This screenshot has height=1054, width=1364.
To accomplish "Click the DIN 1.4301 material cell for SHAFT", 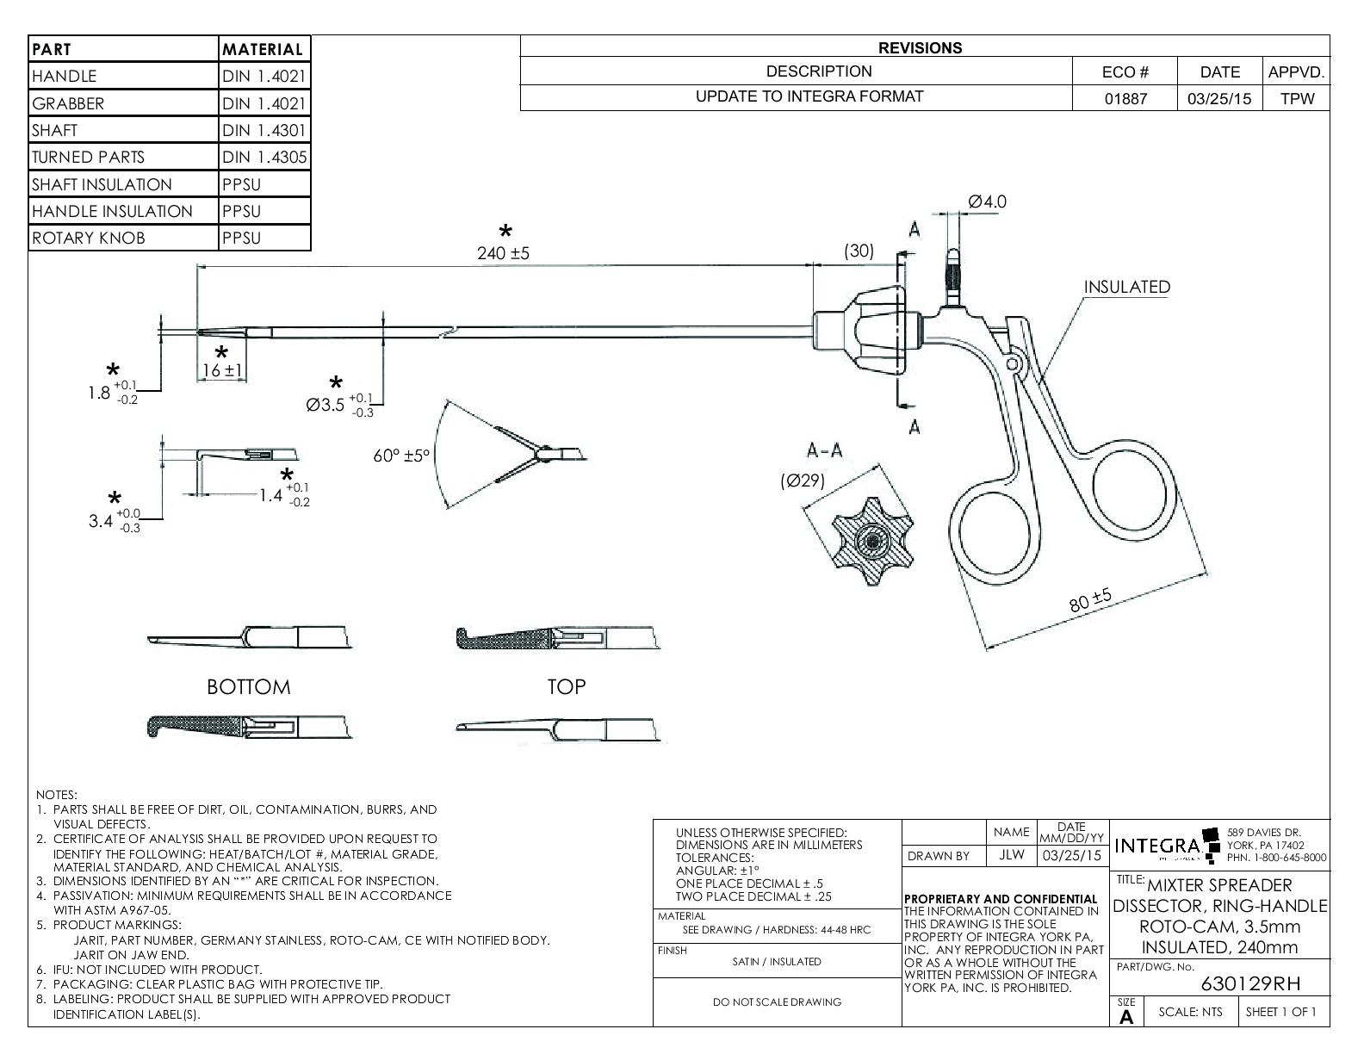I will pyautogui.click(x=263, y=131).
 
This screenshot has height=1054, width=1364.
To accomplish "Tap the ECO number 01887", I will pyautogui.click(x=1125, y=98).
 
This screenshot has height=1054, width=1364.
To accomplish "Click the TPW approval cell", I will pyautogui.click(x=1297, y=98).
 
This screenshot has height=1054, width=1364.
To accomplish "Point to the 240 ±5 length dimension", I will pyautogui.click(x=503, y=254).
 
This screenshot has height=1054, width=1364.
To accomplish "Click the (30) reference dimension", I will pyautogui.click(x=858, y=251).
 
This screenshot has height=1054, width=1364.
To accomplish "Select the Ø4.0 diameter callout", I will pyautogui.click(x=987, y=202).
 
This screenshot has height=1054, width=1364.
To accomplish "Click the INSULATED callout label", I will pyautogui.click(x=1126, y=288).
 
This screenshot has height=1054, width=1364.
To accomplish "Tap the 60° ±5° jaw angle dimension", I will pyautogui.click(x=401, y=456).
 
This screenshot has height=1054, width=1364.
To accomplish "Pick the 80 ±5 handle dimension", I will pyautogui.click(x=1091, y=601).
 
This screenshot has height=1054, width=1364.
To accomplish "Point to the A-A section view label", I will pyautogui.click(x=824, y=450).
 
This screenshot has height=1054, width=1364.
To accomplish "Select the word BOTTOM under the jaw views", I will pyautogui.click(x=248, y=687).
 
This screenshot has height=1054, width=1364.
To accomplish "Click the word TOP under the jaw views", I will pyautogui.click(x=566, y=687).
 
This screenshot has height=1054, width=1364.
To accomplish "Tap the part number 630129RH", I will pyautogui.click(x=1250, y=984).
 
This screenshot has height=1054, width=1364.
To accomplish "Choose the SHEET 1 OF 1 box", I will pyautogui.click(x=1280, y=1012).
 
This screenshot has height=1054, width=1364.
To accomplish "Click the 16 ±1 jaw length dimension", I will pyautogui.click(x=222, y=371).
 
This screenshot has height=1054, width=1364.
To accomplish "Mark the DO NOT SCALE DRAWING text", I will pyautogui.click(x=778, y=1002).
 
